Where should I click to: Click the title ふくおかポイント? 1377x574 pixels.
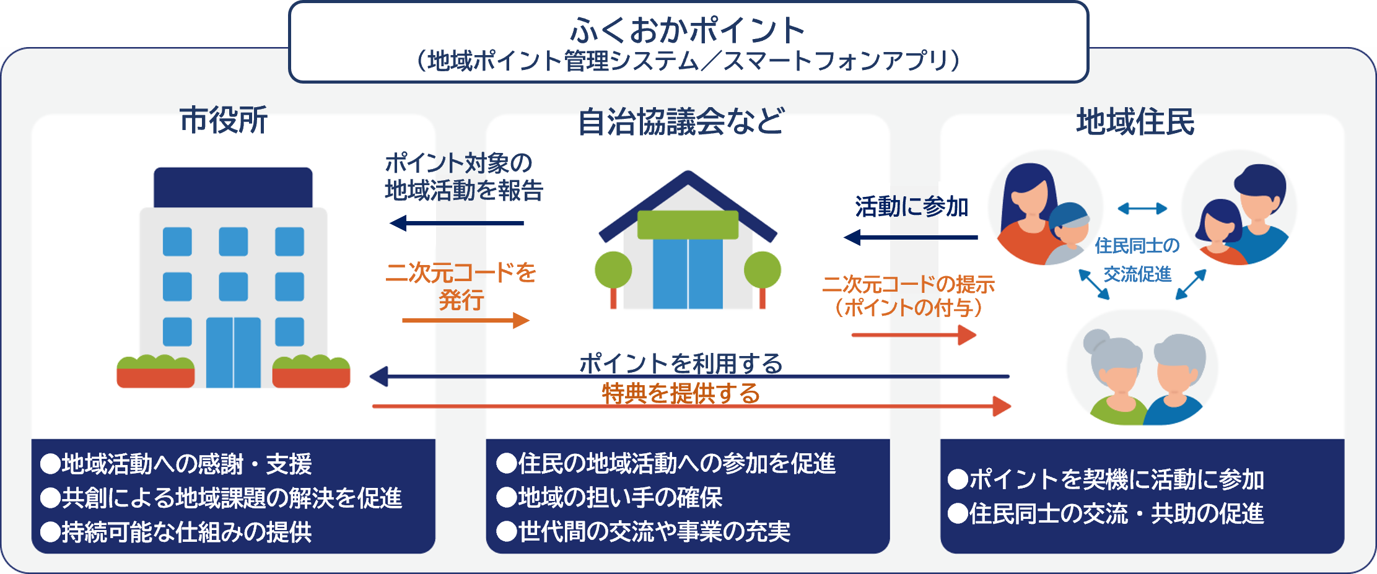[688, 30]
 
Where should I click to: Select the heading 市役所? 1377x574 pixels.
[224, 120]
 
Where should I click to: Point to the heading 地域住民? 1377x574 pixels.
[1135, 121]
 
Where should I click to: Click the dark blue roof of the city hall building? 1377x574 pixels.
[233, 187]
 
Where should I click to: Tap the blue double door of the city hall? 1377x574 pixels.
[233, 352]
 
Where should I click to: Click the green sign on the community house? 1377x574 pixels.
[688, 225]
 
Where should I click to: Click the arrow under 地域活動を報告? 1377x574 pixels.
[457, 223]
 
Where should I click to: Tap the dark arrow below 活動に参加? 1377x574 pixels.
[911, 237]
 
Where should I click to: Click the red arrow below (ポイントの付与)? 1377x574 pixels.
[914, 335]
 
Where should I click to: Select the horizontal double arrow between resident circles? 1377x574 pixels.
[1142, 209]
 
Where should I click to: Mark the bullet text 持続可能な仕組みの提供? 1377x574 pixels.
[186, 532]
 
